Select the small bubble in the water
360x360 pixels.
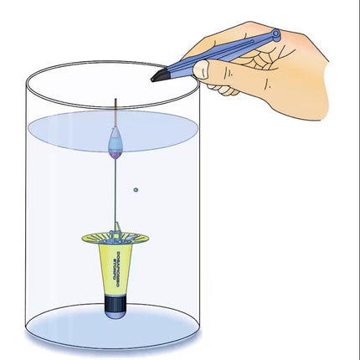point(136,190)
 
